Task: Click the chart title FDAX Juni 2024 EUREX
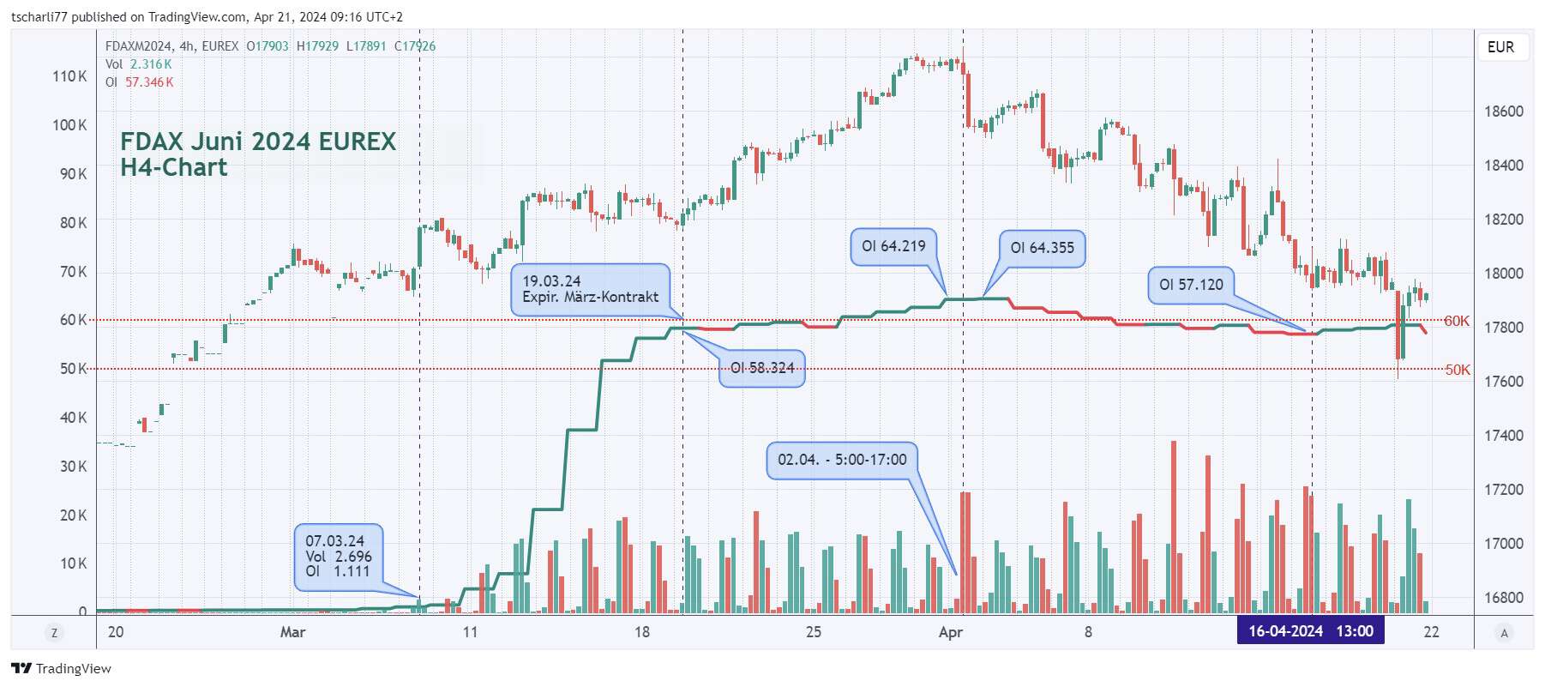(258, 142)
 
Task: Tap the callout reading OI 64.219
(893, 246)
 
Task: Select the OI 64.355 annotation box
(1042, 248)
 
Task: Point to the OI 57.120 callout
(1191, 285)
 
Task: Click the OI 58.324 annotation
(761, 368)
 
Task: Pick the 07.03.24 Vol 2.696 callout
(338, 556)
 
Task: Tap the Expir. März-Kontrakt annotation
(590, 289)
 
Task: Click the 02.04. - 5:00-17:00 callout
(841, 460)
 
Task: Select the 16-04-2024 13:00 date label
(1310, 631)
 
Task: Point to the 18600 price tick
(1504, 111)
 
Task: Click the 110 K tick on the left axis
(69, 76)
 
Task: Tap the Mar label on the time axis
(292, 632)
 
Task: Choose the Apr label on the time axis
(950, 632)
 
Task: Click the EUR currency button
(1500, 47)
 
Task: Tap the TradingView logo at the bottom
(62, 668)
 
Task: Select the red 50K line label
(1457, 370)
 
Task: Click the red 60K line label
(1456, 321)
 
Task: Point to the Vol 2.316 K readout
(139, 64)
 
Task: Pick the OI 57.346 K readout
(140, 82)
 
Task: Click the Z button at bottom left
(54, 633)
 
